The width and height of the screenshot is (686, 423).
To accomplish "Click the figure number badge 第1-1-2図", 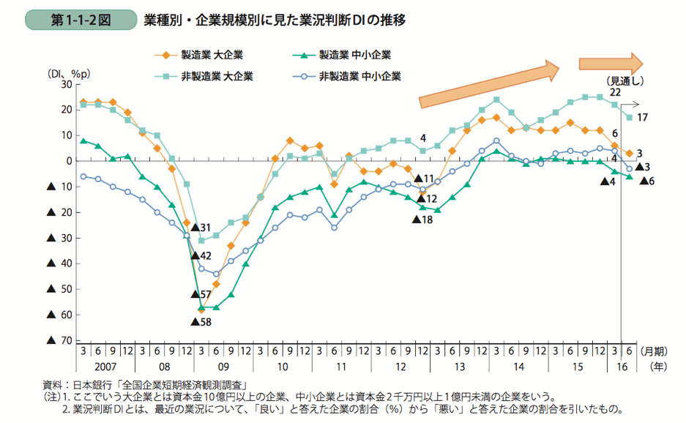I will [x=80, y=20].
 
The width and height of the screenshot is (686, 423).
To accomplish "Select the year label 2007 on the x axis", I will [x=105, y=364].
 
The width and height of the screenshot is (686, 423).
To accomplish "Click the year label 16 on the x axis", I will [x=621, y=364].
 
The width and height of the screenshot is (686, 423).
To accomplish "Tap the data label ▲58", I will [x=201, y=321].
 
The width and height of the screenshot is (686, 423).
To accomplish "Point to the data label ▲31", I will [x=201, y=228].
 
